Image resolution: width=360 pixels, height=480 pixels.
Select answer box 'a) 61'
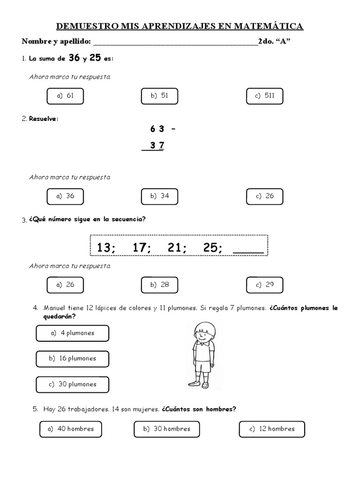pos(65,96)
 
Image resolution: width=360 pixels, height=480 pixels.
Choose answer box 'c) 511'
pos(264,96)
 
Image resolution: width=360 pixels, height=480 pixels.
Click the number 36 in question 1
pos(74,58)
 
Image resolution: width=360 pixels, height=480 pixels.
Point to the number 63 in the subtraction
pos(157,129)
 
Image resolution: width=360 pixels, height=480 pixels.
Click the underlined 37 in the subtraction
pos(157,146)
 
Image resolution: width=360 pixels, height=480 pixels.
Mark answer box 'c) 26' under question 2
pos(264,196)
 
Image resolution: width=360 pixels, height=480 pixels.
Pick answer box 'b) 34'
pos(159,196)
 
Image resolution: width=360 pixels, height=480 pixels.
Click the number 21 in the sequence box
pos(174,247)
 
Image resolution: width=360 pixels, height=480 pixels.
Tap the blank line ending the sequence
pos(248,251)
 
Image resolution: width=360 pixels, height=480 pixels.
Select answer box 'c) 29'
pos(264,285)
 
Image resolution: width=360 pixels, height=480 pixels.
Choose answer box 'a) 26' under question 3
pos(65,285)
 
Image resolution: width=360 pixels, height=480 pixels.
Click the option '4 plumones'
pos(72,333)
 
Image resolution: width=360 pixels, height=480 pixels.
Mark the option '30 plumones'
pos(72,384)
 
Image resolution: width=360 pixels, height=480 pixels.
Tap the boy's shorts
pos(203,364)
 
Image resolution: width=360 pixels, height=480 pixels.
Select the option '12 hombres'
pos(271,429)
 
